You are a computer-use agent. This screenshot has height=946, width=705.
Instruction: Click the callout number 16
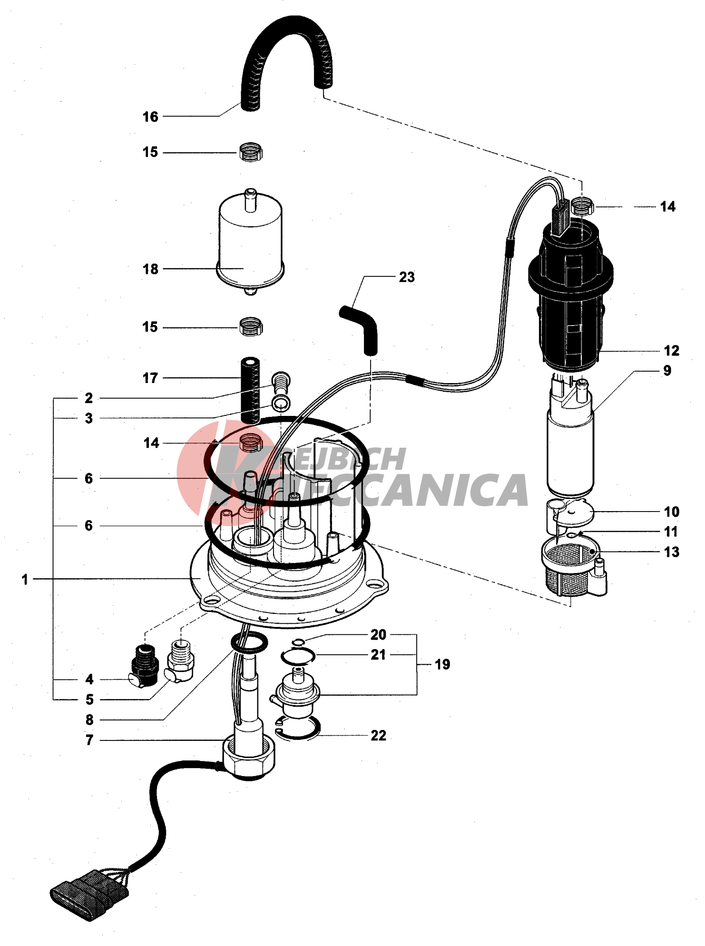click(150, 117)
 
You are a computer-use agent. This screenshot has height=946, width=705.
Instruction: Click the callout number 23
click(407, 277)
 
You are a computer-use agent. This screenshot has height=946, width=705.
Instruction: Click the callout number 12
click(671, 351)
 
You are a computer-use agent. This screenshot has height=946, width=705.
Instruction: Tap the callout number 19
click(442, 664)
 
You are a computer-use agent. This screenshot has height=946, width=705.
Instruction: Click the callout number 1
click(25, 580)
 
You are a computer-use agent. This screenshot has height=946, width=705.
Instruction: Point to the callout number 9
click(667, 371)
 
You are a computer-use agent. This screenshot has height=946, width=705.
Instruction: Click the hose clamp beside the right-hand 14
click(583, 206)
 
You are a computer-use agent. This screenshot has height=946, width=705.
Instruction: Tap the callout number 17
click(150, 378)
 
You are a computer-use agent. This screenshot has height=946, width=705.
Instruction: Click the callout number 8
click(89, 720)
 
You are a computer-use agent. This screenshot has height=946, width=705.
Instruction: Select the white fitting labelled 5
click(180, 659)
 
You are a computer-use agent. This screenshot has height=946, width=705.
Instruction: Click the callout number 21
click(378, 655)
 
